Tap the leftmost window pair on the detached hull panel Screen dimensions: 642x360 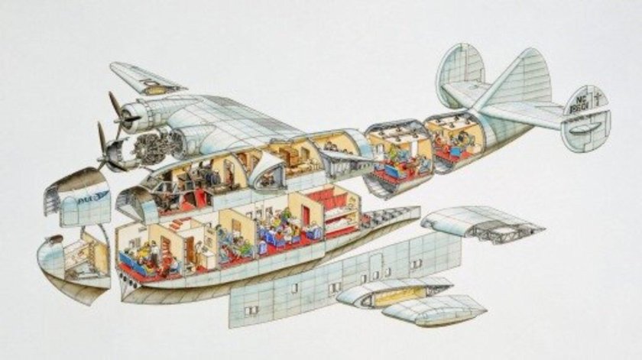251,310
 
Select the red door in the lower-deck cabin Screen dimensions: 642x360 306,216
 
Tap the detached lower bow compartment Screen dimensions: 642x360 74,260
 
